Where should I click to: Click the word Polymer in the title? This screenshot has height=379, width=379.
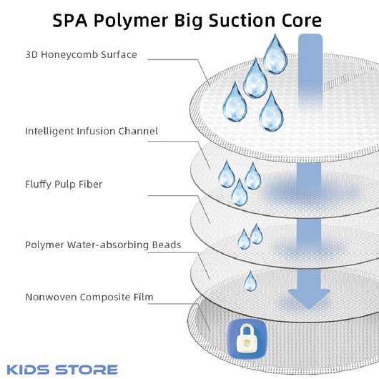point(131,21)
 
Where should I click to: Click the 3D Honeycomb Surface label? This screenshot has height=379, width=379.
point(82,55)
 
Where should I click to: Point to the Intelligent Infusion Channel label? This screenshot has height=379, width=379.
point(92,132)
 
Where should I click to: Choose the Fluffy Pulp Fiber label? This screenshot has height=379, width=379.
point(64,184)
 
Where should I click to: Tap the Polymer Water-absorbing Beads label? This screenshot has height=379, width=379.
point(103,245)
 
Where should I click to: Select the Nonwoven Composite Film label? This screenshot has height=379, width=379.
point(89,297)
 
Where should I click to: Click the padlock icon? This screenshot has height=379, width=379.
point(247,339)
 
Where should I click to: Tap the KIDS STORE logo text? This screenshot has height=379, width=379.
point(62,370)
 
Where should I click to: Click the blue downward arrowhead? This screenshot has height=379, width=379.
point(309,299)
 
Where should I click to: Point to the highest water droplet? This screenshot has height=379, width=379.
point(275,54)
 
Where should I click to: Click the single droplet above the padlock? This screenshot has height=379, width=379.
point(250,281)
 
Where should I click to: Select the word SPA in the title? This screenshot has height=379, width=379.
point(70,20)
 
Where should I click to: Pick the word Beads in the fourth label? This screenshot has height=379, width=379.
point(167,245)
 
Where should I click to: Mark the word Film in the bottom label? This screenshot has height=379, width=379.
point(144,297)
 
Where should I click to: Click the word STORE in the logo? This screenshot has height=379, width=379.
point(87,370)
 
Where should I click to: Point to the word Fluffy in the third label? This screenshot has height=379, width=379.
point(38,184)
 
